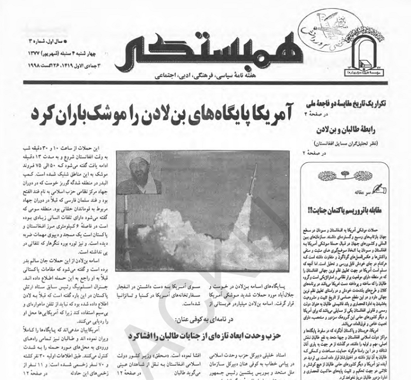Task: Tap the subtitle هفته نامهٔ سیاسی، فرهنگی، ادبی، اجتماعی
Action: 200,76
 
